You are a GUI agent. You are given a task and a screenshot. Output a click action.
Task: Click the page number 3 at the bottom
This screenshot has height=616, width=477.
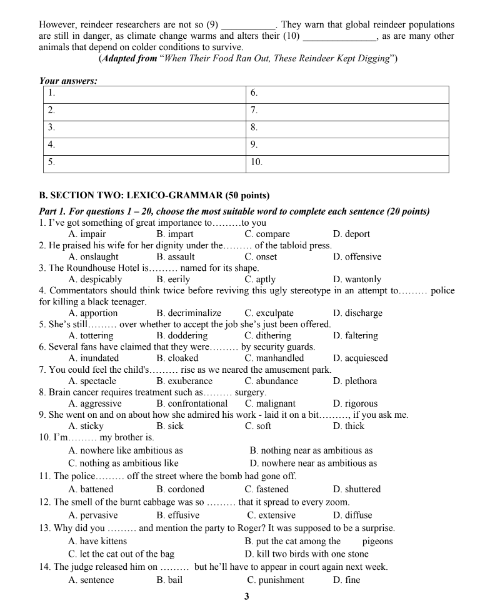[x=245, y=597]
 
